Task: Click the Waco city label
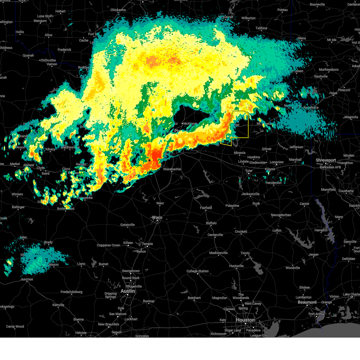click(157, 217)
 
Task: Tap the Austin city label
click(127, 291)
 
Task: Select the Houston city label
click(245, 320)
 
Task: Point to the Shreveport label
click(325, 160)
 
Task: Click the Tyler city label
click(249, 171)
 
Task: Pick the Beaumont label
click(307, 302)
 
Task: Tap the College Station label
click(197, 271)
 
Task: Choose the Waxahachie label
click(172, 169)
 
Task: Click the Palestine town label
click(232, 206)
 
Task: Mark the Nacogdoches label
click(281, 215)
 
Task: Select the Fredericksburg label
click(71, 292)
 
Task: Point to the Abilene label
click(28, 165)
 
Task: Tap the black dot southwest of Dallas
click(149, 160)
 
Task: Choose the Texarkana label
click(311, 107)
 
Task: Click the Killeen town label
click(128, 243)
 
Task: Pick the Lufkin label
click(277, 230)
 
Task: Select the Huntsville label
click(236, 266)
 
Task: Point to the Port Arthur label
click(316, 314)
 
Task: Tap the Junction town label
click(27, 279)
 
